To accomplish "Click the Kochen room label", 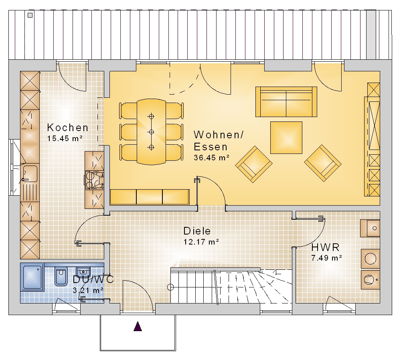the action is tap(67, 127).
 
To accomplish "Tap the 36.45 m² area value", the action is tap(211, 158).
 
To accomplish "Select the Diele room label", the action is tap(197, 231).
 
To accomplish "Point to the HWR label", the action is tap(325, 247).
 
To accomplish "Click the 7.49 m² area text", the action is tap(326, 258).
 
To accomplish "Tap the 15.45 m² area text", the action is tap(65, 138).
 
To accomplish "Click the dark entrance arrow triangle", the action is tap(138, 326).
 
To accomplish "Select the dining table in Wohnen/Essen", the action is tap(152, 131).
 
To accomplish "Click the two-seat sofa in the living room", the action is tap(286, 102).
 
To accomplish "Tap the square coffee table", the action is tap(286, 138).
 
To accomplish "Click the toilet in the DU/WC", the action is tap(61, 277).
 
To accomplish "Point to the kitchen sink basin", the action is tap(30, 174).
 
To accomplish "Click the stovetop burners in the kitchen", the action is tap(94, 180).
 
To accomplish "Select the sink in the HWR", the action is tap(370, 228).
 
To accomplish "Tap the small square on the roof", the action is tap(30, 15).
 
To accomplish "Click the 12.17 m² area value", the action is tap(201, 242).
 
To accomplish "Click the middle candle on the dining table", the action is tap(152, 132).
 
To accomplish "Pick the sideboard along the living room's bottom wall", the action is tap(150, 197).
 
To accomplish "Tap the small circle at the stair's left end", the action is tap(170, 287).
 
